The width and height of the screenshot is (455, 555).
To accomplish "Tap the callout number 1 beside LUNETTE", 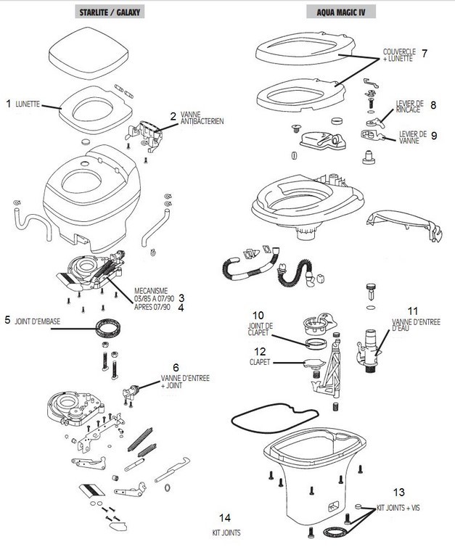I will (8, 104).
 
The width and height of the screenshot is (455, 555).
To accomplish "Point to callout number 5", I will (8, 318).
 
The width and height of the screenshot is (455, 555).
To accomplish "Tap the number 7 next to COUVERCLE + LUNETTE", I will (424, 53).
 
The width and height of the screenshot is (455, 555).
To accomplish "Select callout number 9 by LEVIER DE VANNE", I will (433, 135).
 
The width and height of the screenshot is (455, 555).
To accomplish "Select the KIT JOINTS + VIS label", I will (398, 509).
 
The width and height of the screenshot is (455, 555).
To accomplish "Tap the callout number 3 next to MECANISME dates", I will (182, 297).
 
